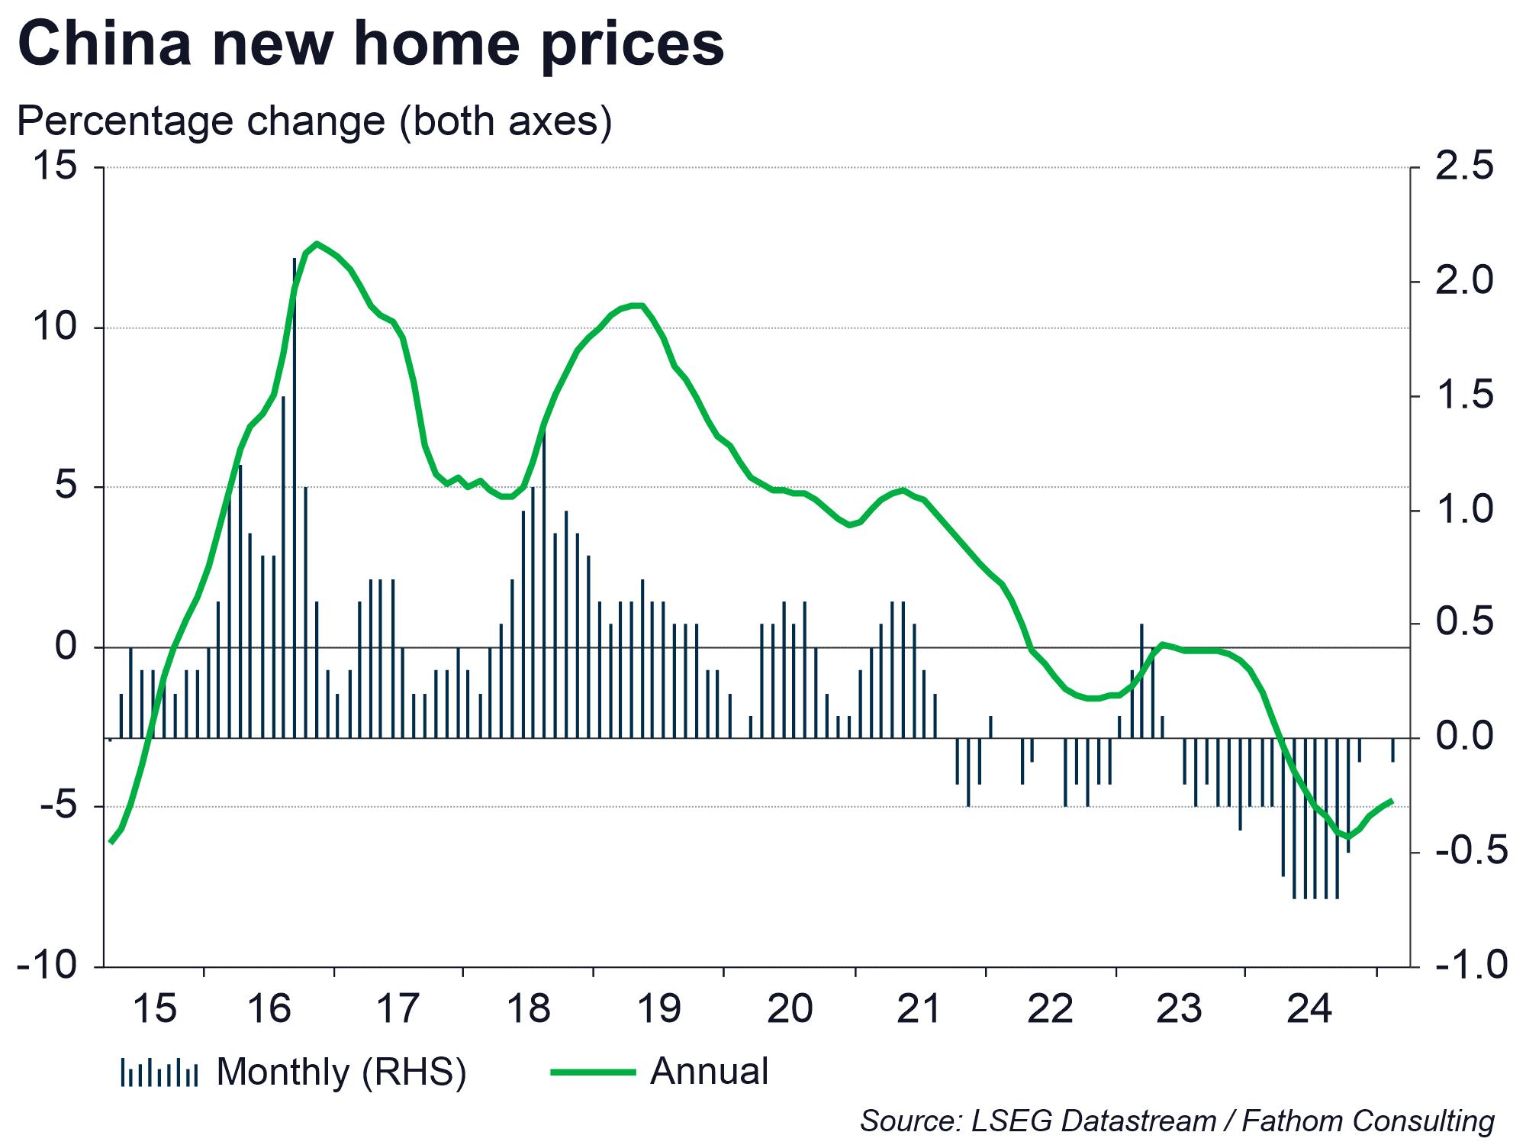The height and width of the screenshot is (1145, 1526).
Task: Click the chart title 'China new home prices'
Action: point(371,44)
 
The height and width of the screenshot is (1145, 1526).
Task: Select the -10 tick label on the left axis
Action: point(47,966)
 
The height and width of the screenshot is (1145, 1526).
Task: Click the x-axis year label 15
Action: point(154,1009)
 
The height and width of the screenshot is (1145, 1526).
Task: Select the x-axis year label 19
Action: point(658,1009)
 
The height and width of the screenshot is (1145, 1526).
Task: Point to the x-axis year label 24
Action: point(1309,1009)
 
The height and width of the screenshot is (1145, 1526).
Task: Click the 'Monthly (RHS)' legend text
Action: point(341,1072)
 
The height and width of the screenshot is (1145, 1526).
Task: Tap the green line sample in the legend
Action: point(593,1072)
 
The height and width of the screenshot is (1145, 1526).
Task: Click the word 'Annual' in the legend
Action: point(710,1072)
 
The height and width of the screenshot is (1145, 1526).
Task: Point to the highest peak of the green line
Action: point(317,244)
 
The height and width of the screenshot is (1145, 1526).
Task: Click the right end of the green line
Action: point(1392,801)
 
